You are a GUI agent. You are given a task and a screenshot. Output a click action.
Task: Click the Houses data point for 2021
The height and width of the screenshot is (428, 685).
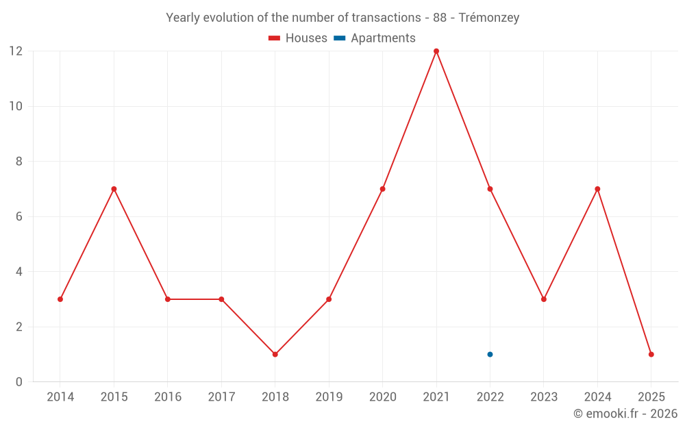click(x=436, y=51)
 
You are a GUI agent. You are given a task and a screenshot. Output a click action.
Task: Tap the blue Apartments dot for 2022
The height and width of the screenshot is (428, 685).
click(x=490, y=354)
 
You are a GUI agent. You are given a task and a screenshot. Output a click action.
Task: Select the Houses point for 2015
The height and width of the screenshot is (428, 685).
click(x=114, y=189)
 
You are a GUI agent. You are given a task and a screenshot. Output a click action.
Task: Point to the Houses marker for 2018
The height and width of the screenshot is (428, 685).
click(x=275, y=354)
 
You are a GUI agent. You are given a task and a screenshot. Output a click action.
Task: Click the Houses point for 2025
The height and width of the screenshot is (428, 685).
click(x=651, y=354)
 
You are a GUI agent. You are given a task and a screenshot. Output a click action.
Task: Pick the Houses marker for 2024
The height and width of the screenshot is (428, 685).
click(x=597, y=189)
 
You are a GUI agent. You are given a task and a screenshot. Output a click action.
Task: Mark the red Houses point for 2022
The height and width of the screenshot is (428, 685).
click(x=490, y=189)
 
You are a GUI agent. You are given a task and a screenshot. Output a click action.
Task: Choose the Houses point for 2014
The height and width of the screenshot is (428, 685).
click(x=60, y=299)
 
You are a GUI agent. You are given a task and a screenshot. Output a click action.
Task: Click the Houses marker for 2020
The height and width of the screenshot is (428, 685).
click(x=382, y=189)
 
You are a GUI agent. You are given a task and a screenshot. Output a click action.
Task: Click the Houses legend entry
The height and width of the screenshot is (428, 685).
click(x=298, y=38)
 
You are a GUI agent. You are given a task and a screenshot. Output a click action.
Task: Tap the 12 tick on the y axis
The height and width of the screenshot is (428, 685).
click(x=15, y=51)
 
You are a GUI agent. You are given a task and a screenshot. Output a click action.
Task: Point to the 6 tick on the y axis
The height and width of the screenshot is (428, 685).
click(x=18, y=216)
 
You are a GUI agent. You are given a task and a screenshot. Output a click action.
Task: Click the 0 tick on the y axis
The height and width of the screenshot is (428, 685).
click(x=18, y=381)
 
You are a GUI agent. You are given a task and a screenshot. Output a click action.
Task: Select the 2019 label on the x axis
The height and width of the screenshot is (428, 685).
click(x=329, y=397)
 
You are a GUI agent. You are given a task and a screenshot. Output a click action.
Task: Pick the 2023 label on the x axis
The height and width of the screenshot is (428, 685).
click(x=544, y=397)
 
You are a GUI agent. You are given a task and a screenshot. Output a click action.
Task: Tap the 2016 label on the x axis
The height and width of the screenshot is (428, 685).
click(x=168, y=397)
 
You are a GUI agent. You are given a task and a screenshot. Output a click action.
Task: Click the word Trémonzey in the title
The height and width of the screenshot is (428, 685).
click(x=488, y=18)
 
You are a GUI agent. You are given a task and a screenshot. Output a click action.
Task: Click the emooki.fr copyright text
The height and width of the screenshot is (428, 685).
click(x=625, y=414)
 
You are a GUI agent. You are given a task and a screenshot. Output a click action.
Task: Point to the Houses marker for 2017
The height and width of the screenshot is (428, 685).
click(x=221, y=299)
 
